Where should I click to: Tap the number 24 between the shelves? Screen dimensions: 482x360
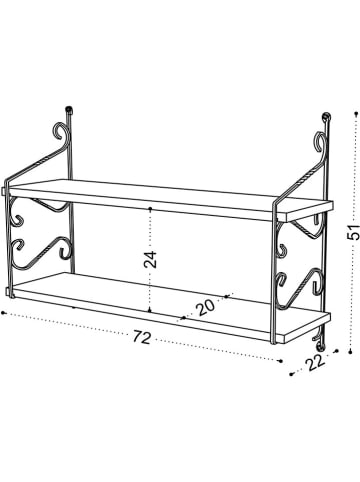tap(149, 260)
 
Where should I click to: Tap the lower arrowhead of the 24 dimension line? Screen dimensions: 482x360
tap(149, 313)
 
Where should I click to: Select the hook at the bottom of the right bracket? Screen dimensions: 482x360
tap(325, 350)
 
